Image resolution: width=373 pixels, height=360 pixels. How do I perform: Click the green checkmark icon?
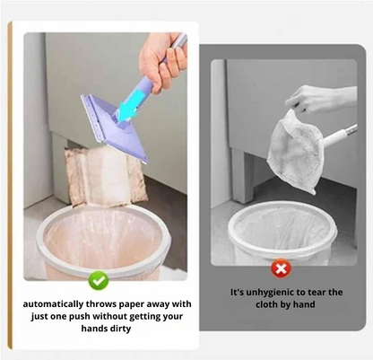99,280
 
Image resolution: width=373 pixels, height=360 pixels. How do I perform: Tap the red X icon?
281,268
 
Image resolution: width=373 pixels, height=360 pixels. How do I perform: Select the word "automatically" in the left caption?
53,304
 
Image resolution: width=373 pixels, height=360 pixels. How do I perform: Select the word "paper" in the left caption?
132,305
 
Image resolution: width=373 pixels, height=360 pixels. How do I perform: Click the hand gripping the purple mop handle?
161,62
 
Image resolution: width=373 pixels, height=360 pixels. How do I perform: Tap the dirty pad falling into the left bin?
105,177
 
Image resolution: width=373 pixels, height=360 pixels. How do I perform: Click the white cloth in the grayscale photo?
295,150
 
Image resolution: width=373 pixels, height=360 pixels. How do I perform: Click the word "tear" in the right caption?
317,293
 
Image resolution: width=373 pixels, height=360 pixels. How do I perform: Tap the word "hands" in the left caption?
92,329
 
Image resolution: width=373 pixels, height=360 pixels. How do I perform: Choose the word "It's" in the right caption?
238,292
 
